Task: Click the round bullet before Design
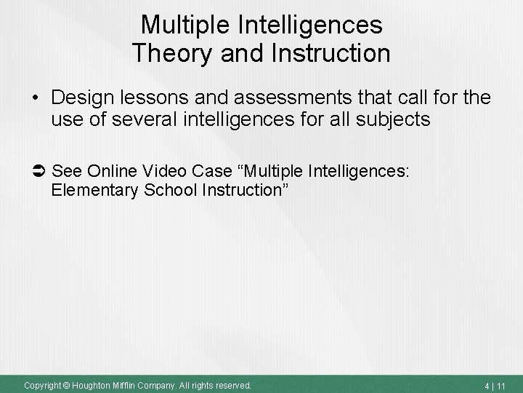[35, 98]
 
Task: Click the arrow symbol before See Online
[40, 170]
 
